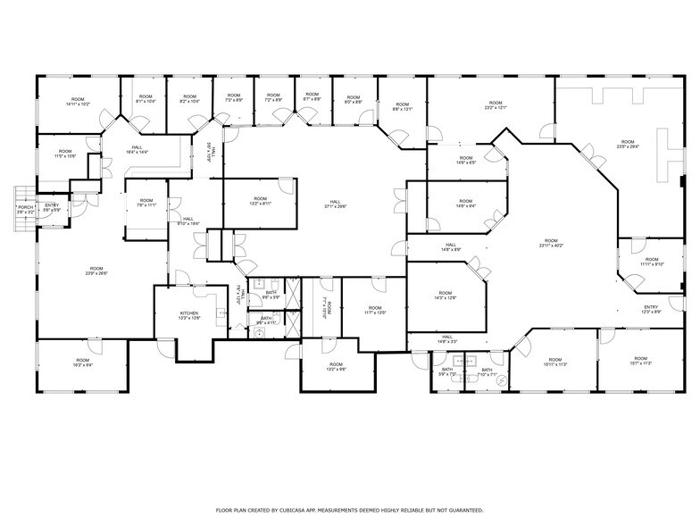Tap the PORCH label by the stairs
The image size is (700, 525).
(x=25, y=211)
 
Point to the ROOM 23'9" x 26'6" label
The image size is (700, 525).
(x=96, y=271)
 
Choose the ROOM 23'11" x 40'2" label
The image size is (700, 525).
(x=551, y=243)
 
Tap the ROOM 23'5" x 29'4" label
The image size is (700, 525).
(x=628, y=145)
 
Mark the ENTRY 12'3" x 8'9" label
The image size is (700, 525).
(x=651, y=309)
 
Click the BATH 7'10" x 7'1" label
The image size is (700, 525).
(x=487, y=372)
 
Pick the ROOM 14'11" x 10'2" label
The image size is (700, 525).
(x=78, y=102)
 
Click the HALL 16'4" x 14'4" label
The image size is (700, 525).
(x=137, y=150)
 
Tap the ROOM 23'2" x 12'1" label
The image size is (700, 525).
(x=496, y=104)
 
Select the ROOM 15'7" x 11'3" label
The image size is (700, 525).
(x=640, y=362)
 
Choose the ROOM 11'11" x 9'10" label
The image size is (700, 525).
(x=652, y=262)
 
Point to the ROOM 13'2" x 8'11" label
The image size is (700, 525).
(x=260, y=201)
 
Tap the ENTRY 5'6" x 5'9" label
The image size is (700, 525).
(x=52, y=208)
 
